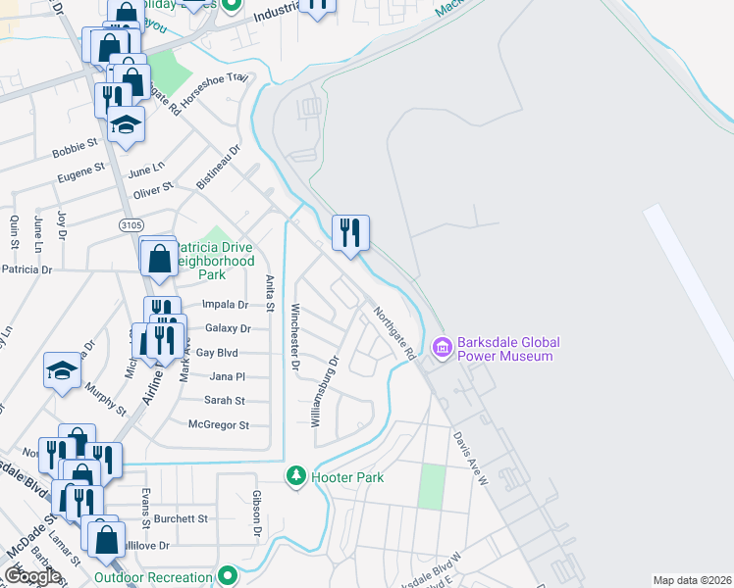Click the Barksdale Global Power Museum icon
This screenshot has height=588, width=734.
(x=442, y=348)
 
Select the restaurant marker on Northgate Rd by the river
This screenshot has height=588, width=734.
(x=350, y=233)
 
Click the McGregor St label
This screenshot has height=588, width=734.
(x=219, y=425)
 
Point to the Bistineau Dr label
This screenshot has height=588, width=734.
(x=218, y=168)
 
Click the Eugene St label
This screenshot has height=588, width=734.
(x=80, y=172)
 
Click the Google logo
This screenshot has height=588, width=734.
(x=33, y=576)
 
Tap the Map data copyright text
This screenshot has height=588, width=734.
(x=692, y=580)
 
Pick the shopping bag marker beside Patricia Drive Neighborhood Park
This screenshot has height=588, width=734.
(x=158, y=259)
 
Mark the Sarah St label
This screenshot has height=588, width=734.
(x=224, y=401)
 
